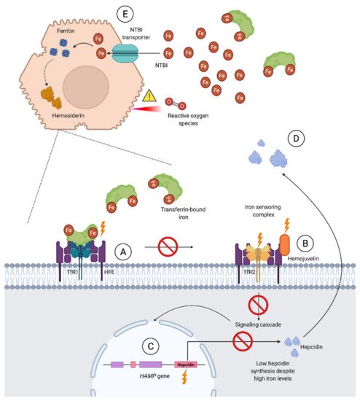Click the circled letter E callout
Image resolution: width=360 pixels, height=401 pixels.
point(125,14)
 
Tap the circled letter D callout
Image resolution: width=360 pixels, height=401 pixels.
point(296,139)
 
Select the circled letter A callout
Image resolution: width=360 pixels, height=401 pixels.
point(123,252)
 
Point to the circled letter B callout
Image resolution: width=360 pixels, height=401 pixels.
point(305,244)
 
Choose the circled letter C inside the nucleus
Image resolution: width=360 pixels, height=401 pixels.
point(151,346)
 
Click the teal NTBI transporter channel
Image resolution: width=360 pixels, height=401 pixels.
point(125,53)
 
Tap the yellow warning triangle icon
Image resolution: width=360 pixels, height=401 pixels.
point(149,96)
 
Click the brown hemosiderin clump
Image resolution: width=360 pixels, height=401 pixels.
point(52,98)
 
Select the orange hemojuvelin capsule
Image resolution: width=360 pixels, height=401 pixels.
point(285,245)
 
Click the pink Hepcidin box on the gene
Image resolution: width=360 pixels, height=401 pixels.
point(186,365)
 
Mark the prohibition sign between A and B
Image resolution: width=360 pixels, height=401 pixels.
point(168,246)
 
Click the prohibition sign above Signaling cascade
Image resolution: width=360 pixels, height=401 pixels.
point(258,305)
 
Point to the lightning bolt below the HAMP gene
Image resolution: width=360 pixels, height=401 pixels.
point(184,378)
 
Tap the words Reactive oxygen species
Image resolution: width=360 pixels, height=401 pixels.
point(188,120)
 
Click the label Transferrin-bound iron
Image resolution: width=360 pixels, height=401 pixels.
point(183,213)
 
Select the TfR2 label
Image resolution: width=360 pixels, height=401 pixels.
point(249,272)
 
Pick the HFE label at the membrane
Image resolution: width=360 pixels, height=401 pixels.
point(109,272)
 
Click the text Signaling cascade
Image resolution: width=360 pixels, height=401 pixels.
point(258,324)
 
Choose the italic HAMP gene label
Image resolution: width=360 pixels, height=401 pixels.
point(154,376)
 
